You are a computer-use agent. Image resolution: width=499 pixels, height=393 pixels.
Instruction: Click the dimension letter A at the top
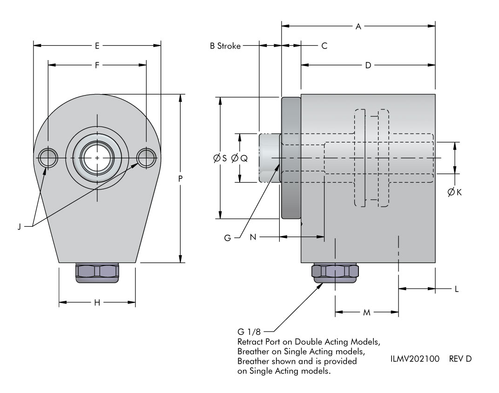click(x=358, y=27)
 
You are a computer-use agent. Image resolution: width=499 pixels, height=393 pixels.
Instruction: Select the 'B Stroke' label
click(x=225, y=46)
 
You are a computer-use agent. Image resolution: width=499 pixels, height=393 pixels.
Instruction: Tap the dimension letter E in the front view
click(x=97, y=46)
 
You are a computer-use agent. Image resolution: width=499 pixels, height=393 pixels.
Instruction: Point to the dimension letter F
click(x=97, y=66)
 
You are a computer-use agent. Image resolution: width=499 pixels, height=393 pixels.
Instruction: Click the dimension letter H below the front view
click(x=97, y=303)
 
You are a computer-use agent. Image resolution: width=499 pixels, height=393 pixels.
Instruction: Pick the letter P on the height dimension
click(x=181, y=178)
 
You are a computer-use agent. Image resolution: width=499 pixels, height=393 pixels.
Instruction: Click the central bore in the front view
click(x=97, y=158)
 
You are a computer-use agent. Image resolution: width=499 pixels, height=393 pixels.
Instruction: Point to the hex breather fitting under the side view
click(x=335, y=273)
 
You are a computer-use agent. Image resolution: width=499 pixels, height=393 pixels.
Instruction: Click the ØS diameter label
click(x=220, y=158)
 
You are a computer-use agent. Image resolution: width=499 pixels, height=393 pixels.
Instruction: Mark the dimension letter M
click(x=366, y=312)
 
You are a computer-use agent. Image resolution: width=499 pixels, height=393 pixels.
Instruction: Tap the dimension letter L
click(x=456, y=289)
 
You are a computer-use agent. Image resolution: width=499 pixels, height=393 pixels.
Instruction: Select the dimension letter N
click(x=253, y=237)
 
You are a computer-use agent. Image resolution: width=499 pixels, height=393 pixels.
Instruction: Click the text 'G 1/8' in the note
click(x=247, y=332)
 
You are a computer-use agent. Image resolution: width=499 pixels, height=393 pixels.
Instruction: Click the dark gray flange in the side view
click(x=291, y=158)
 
